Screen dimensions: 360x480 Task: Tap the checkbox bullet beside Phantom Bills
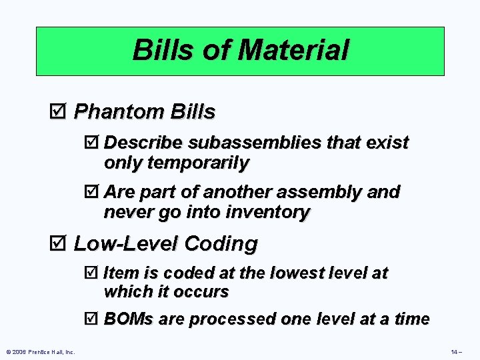click(x=57, y=112)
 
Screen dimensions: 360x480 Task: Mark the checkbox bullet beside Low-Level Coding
click(x=57, y=244)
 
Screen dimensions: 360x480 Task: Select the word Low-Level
click(x=125, y=244)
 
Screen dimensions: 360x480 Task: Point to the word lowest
click(x=309, y=273)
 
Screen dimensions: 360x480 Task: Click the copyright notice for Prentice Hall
click(x=41, y=352)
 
